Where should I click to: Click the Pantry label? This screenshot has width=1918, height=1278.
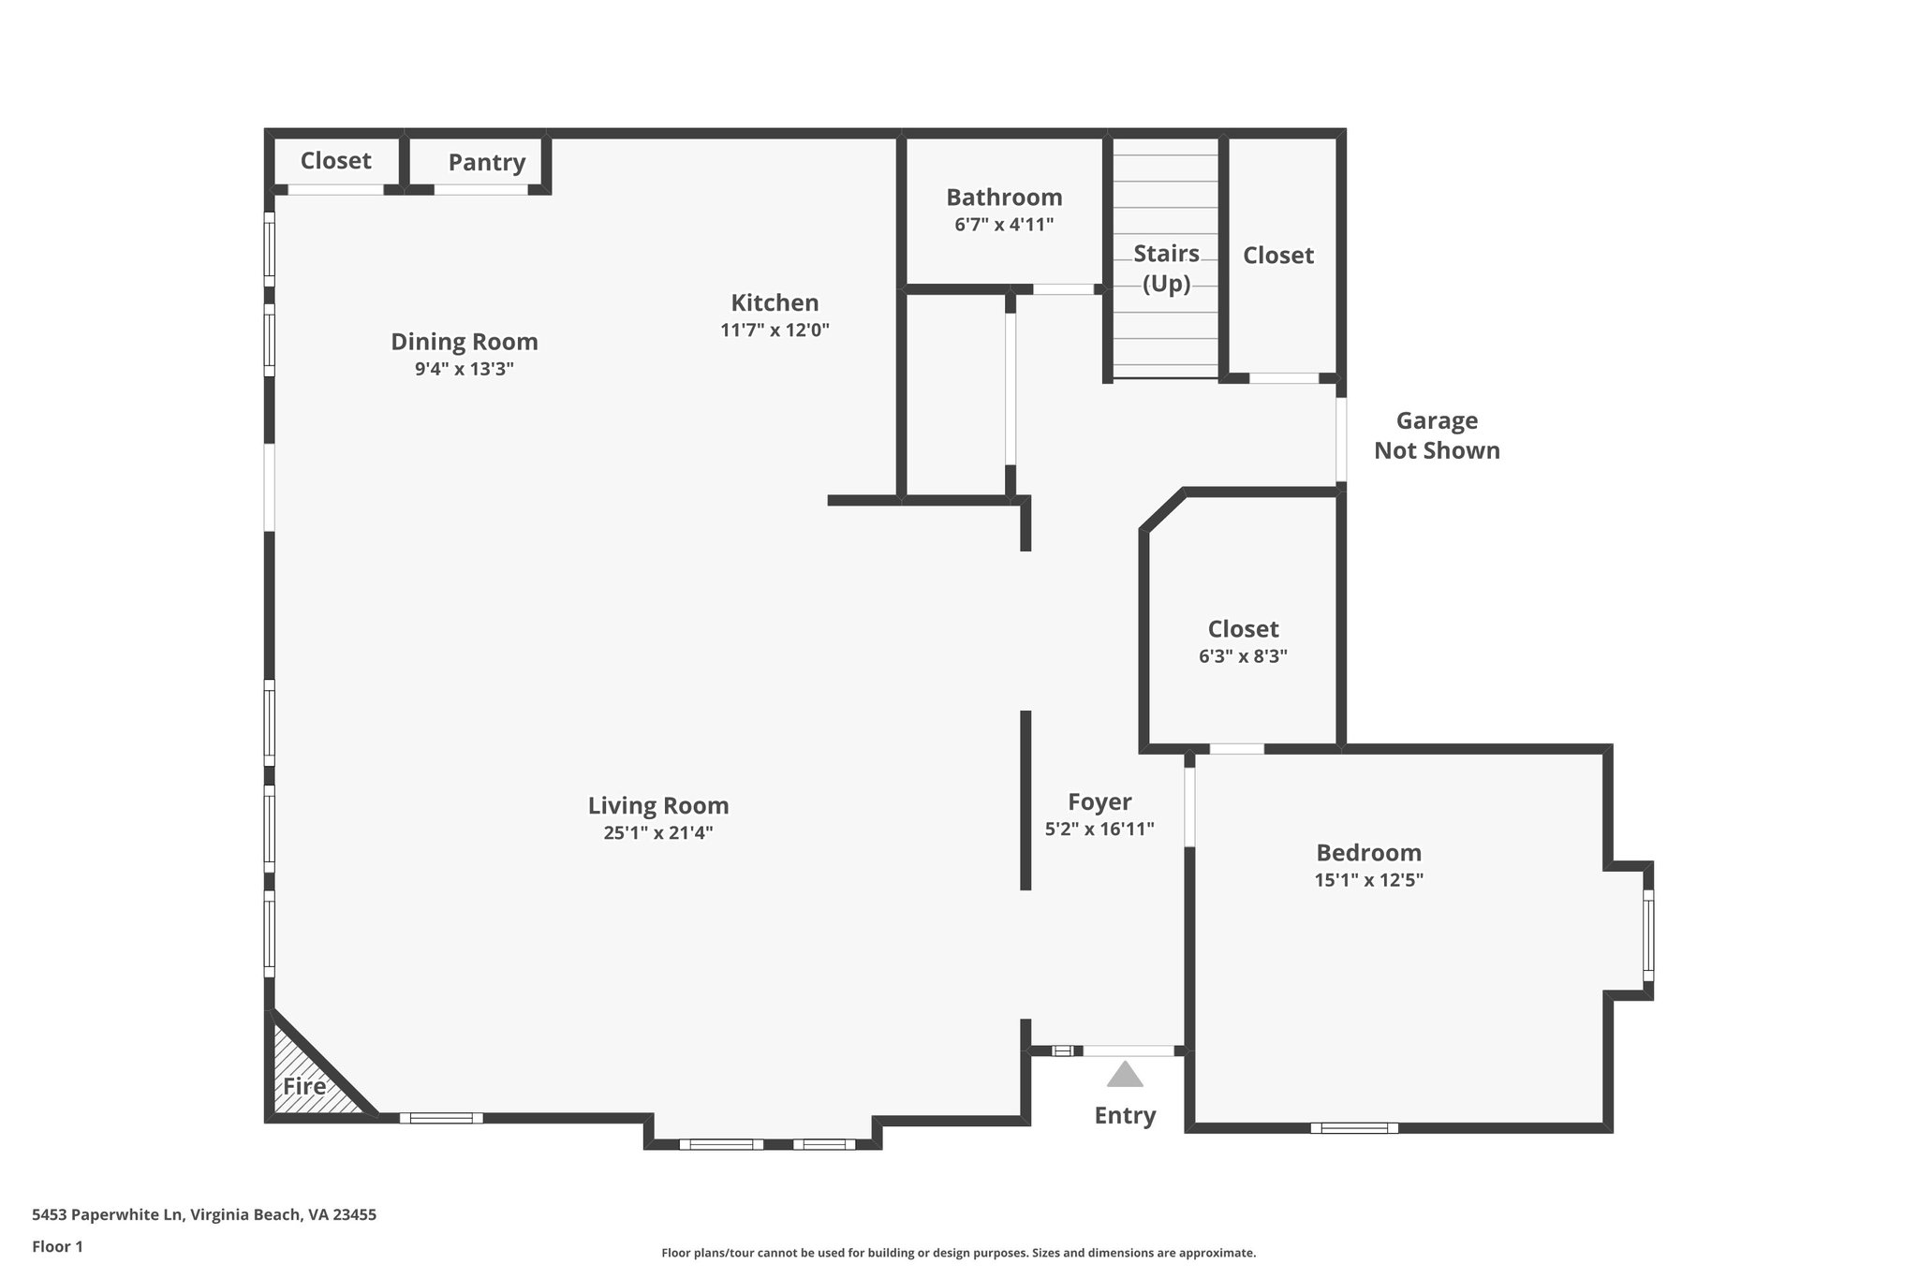(x=486, y=163)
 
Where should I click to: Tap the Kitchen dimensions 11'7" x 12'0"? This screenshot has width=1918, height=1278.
(x=775, y=330)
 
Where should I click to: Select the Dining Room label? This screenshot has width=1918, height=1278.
(x=464, y=342)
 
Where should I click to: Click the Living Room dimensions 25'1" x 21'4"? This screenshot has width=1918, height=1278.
(x=658, y=832)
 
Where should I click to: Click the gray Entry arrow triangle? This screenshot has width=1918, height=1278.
(x=1125, y=1075)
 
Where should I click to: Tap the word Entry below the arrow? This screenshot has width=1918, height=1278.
(x=1125, y=1115)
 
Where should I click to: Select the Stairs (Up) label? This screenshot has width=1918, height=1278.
(x=1166, y=268)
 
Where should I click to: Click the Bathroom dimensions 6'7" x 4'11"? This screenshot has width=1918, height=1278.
(x=1004, y=225)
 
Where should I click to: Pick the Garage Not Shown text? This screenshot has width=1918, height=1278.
(x=1437, y=435)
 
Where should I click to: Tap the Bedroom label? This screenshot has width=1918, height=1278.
(x=1368, y=853)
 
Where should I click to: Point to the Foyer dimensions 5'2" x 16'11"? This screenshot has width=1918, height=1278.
(x=1099, y=829)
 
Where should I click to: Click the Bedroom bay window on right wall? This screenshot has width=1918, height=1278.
(x=1648, y=935)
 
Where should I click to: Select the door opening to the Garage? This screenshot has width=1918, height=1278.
(x=1341, y=440)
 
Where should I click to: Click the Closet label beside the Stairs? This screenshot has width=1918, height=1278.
(x=1277, y=256)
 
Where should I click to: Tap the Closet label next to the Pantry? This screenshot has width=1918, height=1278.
(x=335, y=161)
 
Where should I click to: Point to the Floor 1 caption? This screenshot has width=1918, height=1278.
(x=57, y=1246)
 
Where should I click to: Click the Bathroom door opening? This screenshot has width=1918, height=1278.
(x=1063, y=289)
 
